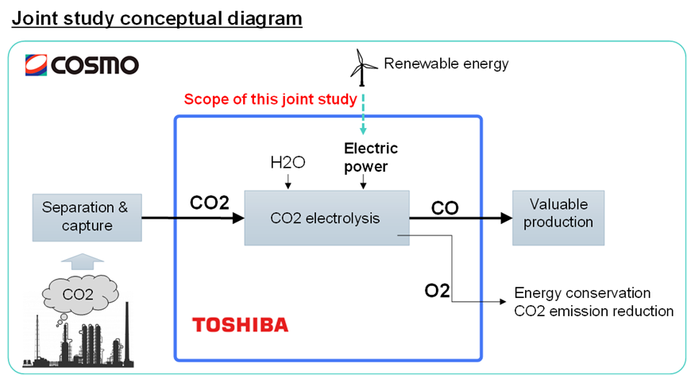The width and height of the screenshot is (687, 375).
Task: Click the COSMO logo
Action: (x=81, y=64)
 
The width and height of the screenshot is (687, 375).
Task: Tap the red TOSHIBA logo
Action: (x=240, y=324)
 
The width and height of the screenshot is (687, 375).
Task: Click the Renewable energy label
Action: (x=446, y=63)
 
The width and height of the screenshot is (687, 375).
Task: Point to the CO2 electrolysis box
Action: (x=326, y=217)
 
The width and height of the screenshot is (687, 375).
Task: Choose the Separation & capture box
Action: (x=84, y=217)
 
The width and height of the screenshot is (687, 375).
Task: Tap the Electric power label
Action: (x=370, y=157)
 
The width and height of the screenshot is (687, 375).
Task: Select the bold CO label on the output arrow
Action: (x=444, y=208)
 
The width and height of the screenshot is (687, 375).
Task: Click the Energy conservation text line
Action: (x=582, y=293)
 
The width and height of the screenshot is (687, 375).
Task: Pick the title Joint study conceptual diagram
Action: (x=157, y=17)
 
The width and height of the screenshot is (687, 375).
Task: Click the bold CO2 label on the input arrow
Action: (x=210, y=203)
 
